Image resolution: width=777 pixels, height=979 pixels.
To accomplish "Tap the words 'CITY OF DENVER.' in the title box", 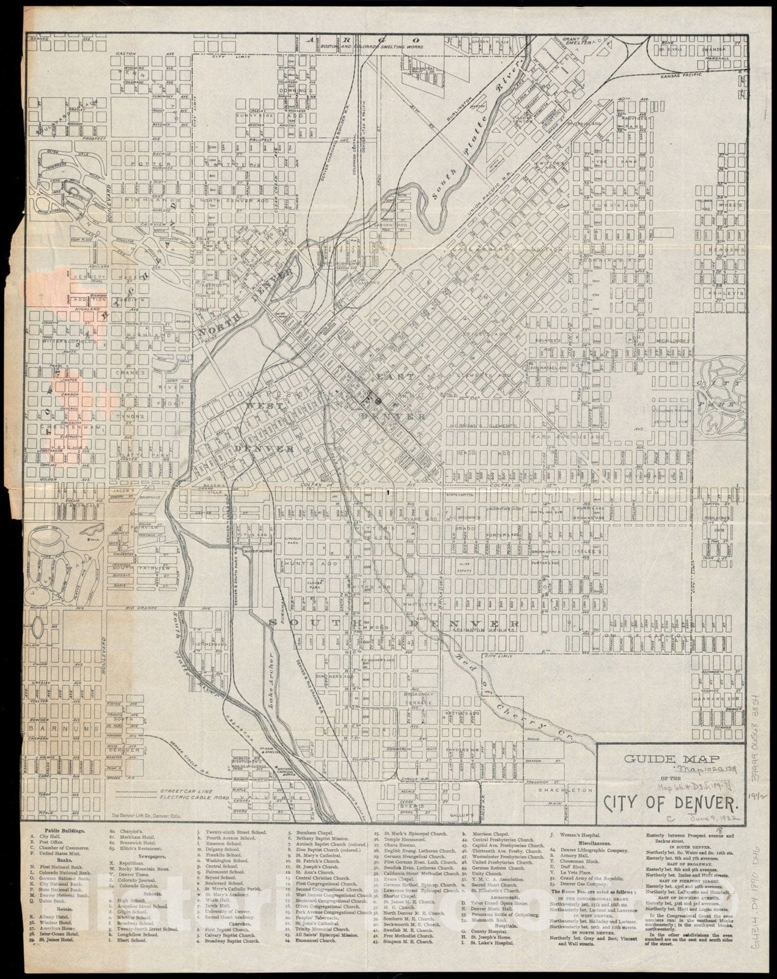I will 672,801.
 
